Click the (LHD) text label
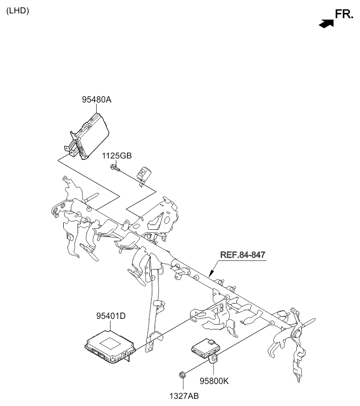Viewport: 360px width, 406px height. [x=18, y=11]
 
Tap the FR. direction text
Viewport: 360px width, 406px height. [x=344, y=14]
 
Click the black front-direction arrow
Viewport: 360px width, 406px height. [x=326, y=23]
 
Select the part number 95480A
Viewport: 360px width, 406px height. [x=97, y=100]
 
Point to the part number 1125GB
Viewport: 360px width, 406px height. [x=116, y=156]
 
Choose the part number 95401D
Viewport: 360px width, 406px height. [x=111, y=316]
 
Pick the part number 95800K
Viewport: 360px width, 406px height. [x=214, y=381]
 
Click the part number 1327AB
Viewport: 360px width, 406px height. [x=184, y=396]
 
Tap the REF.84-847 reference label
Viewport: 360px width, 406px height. [x=243, y=255]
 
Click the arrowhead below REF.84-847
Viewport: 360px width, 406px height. [x=211, y=273]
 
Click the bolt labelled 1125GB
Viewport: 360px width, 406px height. [x=115, y=168]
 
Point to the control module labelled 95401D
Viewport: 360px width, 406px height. [x=110, y=347]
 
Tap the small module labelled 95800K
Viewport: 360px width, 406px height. [x=206, y=348]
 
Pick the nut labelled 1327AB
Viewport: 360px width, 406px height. [x=182, y=374]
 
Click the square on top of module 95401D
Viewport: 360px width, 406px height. [x=110, y=343]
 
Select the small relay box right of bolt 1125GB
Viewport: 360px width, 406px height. [x=144, y=173]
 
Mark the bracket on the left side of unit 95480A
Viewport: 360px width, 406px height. [x=71, y=145]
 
